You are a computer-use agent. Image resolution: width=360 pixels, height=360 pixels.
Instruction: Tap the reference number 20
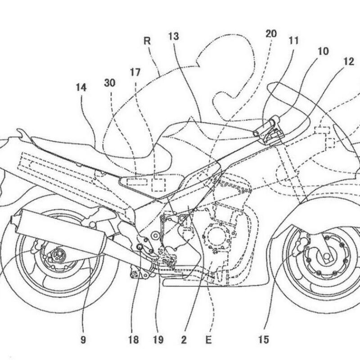point(271,34)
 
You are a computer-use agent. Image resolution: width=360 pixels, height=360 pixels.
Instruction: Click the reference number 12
point(349,63)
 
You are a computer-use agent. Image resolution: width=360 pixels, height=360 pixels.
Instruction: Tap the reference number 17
point(135,72)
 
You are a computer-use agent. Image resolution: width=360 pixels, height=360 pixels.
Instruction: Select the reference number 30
point(110,82)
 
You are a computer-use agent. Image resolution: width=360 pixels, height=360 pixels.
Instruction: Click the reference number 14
point(81,88)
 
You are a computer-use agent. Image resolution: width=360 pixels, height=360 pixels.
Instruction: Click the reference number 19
point(157,339)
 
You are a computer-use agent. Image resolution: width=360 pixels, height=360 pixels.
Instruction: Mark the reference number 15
point(264,339)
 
